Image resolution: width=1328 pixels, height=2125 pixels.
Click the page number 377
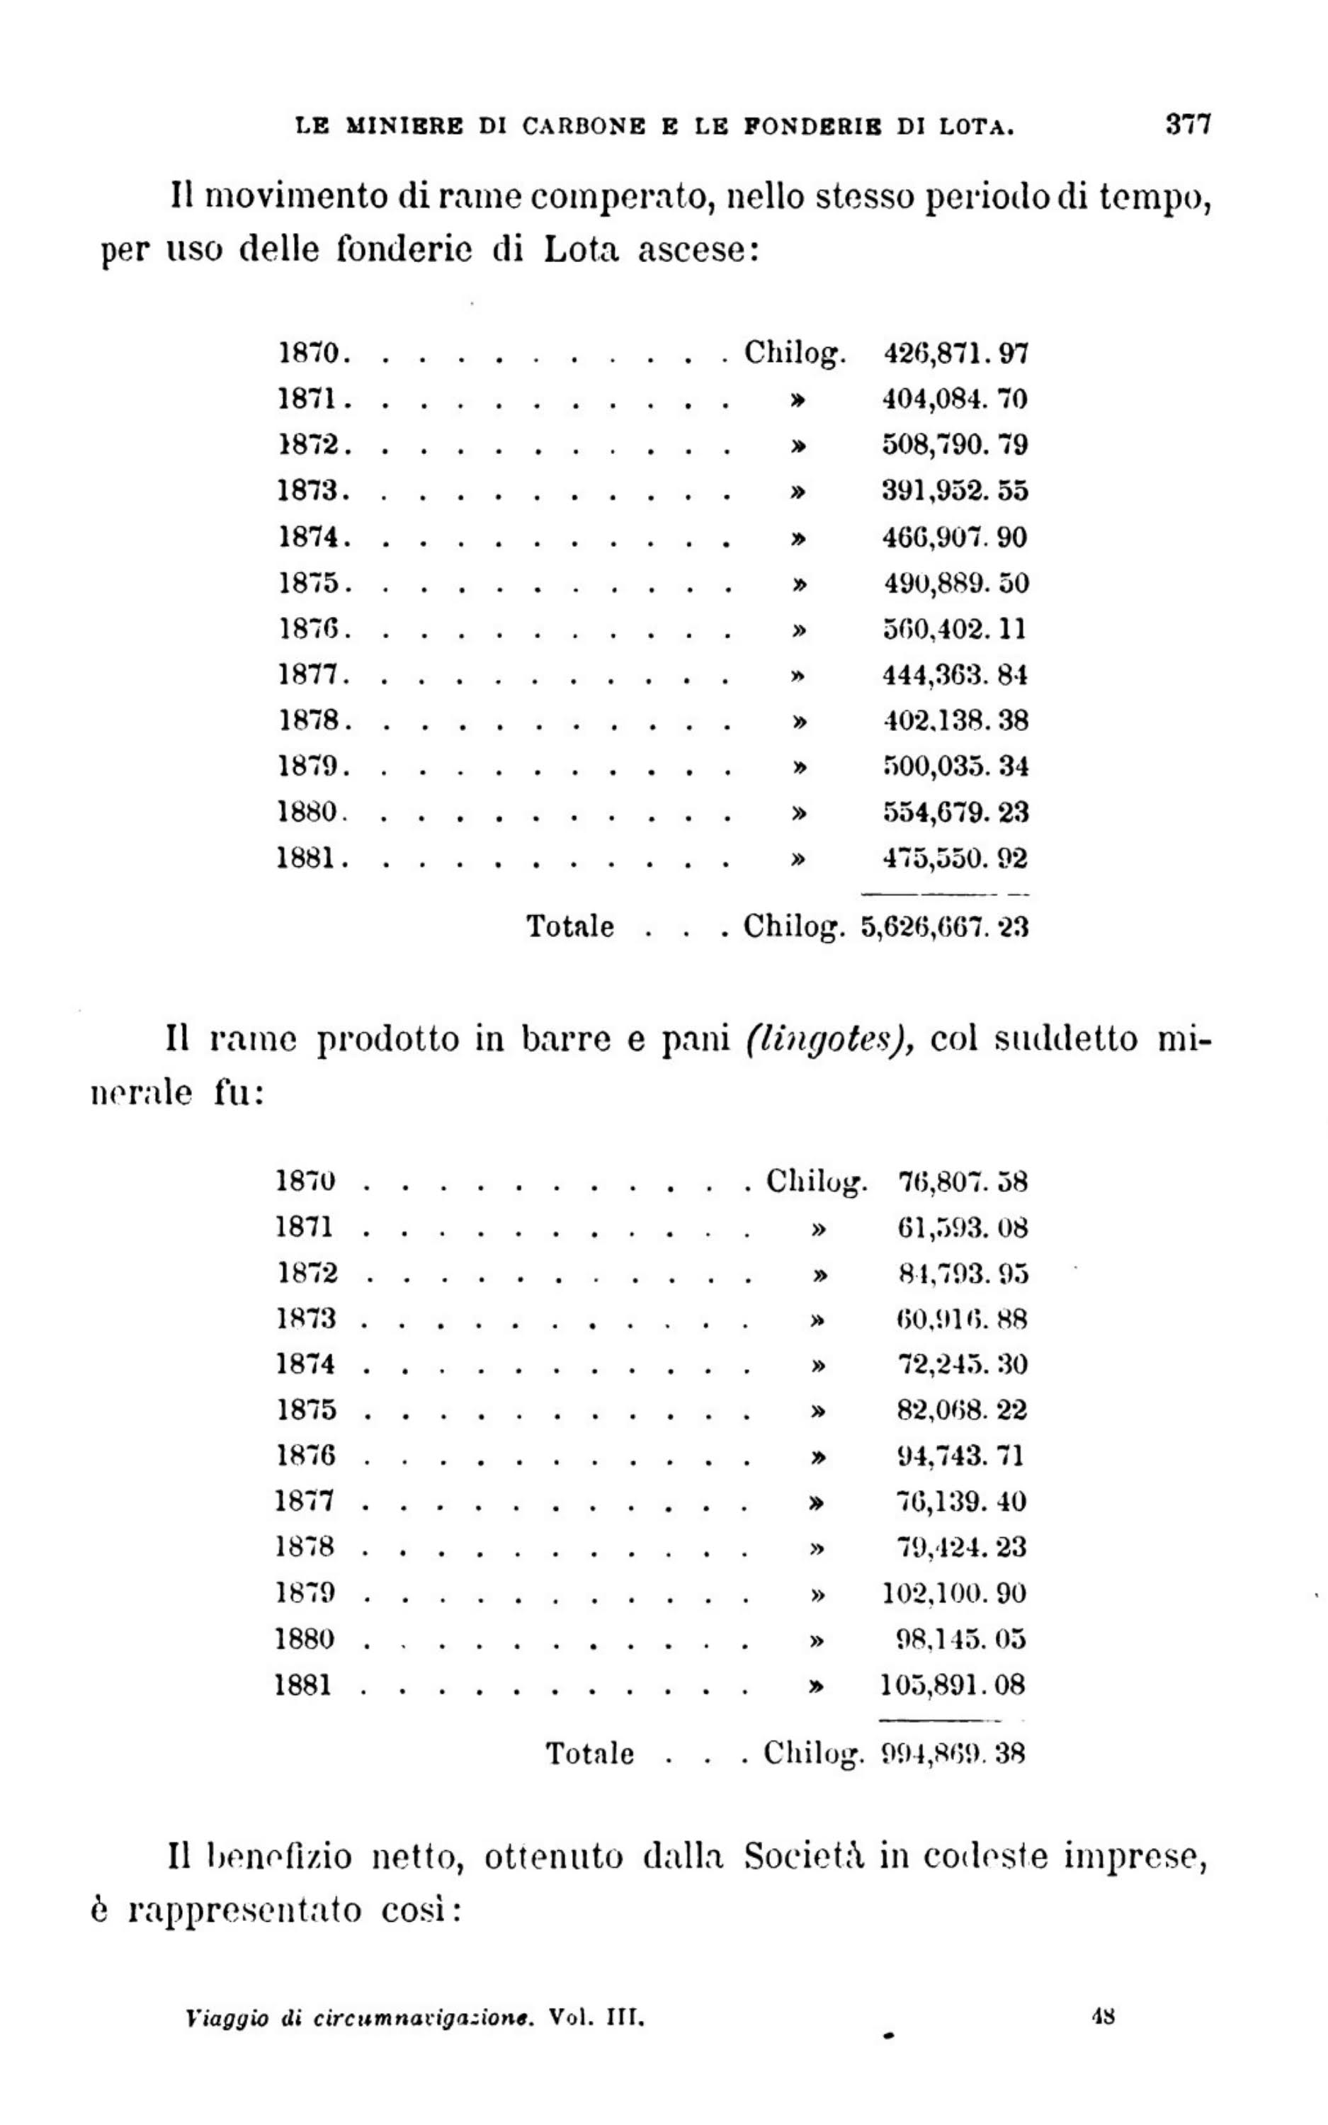(1188, 124)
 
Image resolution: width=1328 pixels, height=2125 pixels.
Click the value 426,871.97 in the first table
(955, 354)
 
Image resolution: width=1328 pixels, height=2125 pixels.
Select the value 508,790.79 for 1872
(955, 446)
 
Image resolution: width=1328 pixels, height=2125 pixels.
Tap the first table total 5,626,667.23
(944, 927)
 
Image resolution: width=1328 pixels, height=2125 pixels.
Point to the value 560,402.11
(955, 629)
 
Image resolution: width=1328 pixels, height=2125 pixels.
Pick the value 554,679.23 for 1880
(955, 812)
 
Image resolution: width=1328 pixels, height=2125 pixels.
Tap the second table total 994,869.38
(953, 1754)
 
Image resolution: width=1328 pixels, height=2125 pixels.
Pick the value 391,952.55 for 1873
(955, 491)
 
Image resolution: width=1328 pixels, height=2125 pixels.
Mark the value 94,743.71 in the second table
(960, 1456)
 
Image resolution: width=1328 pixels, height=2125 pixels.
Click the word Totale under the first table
(570, 926)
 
